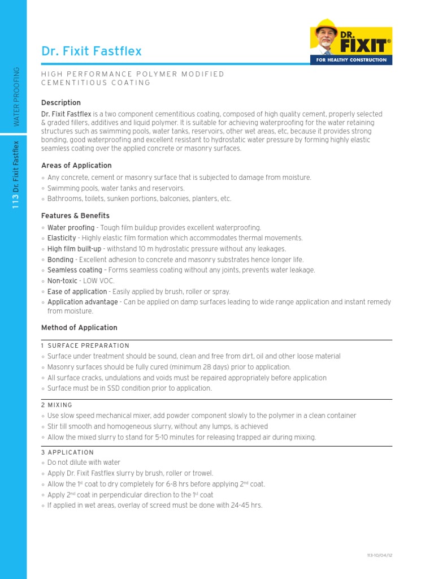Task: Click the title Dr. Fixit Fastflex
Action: click(x=92, y=51)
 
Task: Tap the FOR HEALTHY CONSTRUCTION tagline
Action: click(x=351, y=59)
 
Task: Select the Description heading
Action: click(x=61, y=102)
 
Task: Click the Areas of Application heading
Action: click(x=76, y=165)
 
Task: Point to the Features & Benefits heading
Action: click(x=75, y=215)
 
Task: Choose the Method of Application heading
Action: click(x=79, y=327)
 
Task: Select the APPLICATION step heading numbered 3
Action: click(x=71, y=452)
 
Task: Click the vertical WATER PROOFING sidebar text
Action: click(x=16, y=96)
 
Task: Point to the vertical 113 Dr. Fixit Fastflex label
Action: click(x=16, y=175)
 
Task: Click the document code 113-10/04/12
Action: click(x=379, y=555)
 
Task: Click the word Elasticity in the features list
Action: click(x=62, y=238)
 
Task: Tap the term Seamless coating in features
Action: click(x=75, y=270)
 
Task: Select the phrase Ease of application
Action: click(x=77, y=291)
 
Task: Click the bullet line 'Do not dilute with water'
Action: click(x=84, y=463)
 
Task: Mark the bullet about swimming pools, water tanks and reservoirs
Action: click(x=116, y=188)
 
